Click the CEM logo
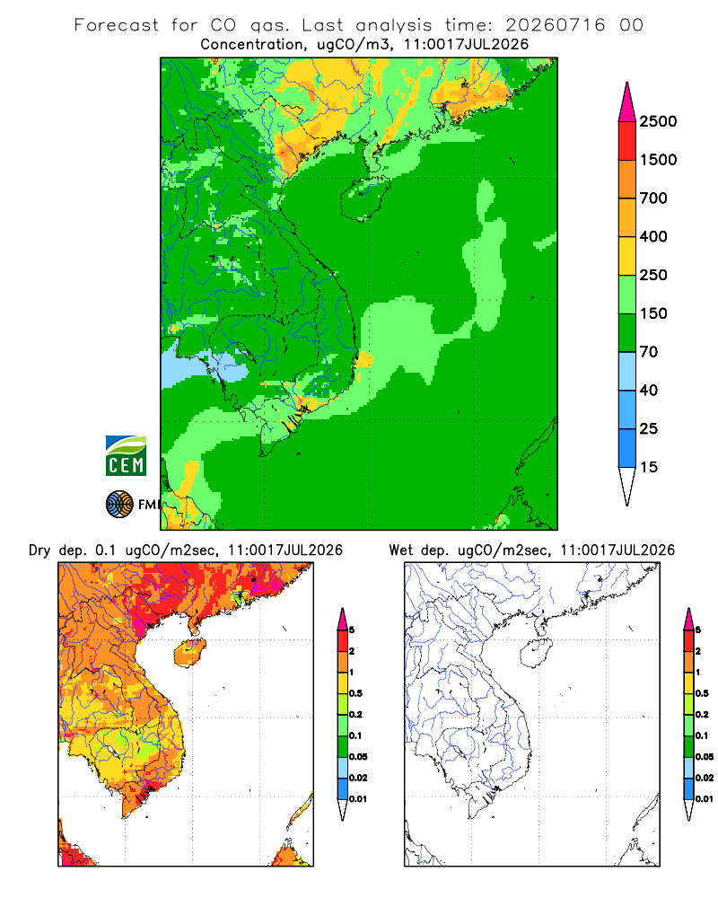click(126, 456)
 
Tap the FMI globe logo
click(119, 505)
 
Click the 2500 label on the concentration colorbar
click(658, 121)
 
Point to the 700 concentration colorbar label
click(653, 198)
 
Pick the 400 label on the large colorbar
click(653, 236)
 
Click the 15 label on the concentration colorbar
click(648, 467)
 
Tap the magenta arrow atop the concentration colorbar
click(627, 103)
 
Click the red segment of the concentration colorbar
click(627, 141)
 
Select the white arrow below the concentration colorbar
click(627, 486)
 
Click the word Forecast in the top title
click(117, 25)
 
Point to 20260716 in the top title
click(555, 25)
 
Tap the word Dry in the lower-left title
click(39, 550)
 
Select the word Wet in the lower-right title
click(400, 550)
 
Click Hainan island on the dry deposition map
click(189, 653)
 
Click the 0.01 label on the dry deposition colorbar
click(357, 799)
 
